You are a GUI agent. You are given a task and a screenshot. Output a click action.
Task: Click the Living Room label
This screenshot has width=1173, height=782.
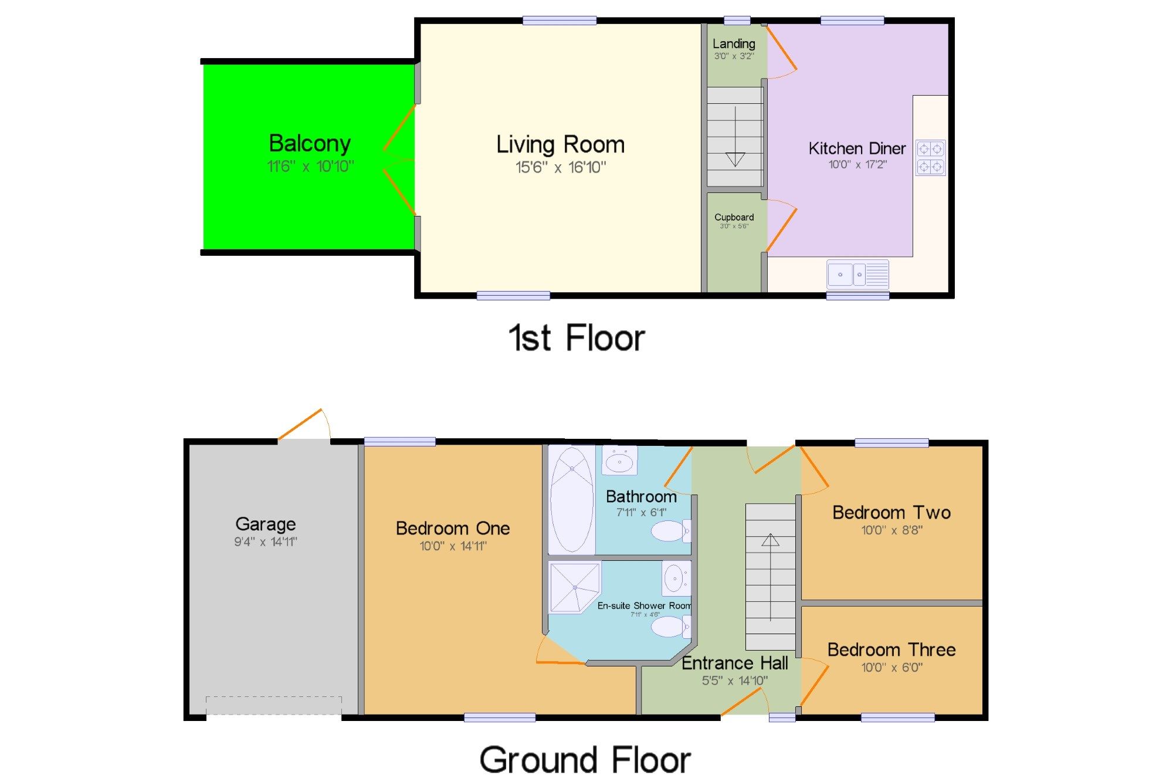[560, 144]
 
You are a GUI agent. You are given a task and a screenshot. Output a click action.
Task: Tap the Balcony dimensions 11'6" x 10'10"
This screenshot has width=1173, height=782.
[310, 167]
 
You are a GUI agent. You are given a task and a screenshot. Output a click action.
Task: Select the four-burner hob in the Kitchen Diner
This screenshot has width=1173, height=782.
[930, 158]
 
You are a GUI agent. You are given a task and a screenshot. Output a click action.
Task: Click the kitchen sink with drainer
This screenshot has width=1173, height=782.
[857, 275]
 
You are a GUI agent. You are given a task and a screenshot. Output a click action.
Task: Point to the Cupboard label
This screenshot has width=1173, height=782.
[734, 217]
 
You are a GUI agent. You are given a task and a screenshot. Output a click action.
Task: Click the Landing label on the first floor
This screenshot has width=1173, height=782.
[734, 43]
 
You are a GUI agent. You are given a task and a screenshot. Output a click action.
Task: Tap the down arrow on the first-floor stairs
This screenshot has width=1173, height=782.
[735, 158]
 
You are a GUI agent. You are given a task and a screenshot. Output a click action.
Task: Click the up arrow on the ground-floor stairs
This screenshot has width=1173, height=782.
[770, 540]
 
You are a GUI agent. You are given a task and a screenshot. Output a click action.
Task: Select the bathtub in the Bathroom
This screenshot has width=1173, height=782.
[572, 500]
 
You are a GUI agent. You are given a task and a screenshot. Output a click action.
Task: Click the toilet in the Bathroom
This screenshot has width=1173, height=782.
[670, 532]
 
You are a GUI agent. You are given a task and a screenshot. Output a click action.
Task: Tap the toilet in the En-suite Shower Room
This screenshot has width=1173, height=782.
[670, 627]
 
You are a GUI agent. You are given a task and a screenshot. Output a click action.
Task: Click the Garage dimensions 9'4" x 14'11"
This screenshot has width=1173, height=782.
[266, 542]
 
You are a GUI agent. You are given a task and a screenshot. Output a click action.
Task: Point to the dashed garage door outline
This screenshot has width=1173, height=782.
[273, 705]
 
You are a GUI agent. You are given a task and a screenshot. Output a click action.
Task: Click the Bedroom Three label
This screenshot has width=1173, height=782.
[891, 649]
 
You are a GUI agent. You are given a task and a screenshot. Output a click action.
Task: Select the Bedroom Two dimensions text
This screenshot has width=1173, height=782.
[891, 530]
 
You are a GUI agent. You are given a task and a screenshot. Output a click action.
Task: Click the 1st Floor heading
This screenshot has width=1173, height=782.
[577, 338]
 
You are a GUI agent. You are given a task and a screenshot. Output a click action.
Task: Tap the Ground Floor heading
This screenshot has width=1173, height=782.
[585, 760]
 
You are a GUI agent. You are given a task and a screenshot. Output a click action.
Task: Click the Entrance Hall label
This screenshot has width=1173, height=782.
[734, 663]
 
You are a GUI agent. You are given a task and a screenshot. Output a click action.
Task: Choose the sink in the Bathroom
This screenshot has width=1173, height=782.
[619, 462]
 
